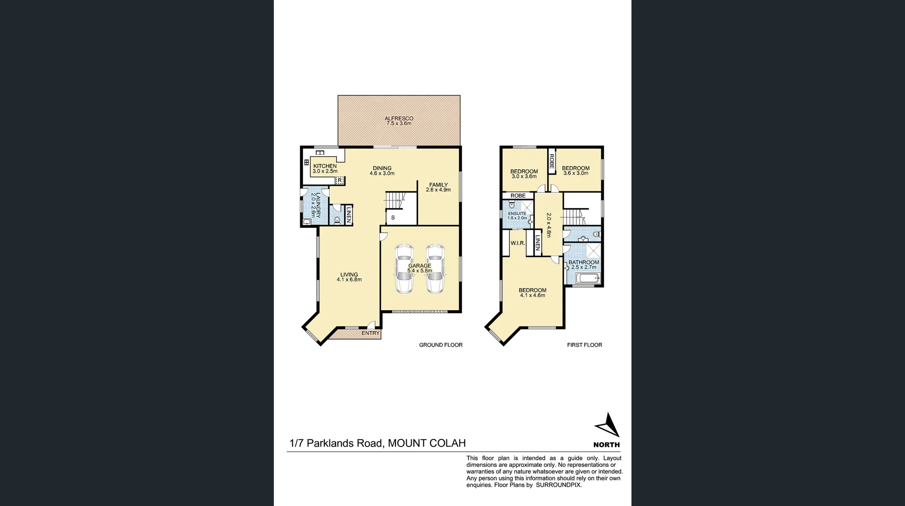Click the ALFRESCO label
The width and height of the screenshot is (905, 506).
(x=399, y=121)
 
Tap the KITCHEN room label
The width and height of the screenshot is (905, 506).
(x=325, y=168)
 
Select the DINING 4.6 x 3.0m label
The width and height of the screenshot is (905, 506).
(x=382, y=171)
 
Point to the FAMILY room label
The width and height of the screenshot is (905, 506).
(x=438, y=187)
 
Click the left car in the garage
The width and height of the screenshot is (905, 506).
(x=404, y=269)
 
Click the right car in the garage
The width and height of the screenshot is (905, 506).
(x=435, y=269)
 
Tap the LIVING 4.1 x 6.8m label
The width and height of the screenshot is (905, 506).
(x=349, y=277)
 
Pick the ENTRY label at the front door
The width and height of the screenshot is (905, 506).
(x=370, y=333)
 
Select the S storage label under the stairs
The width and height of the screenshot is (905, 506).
(x=393, y=218)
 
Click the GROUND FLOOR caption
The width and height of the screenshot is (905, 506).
(x=441, y=345)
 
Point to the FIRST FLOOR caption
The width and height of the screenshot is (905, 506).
(x=584, y=345)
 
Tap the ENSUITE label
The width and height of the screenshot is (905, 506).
(x=517, y=216)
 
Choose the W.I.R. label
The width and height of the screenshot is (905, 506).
(x=518, y=243)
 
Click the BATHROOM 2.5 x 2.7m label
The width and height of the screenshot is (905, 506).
(x=584, y=265)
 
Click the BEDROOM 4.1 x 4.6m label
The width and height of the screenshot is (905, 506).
(x=532, y=293)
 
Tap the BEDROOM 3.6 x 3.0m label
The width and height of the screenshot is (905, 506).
(x=576, y=170)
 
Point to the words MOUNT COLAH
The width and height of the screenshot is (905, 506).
(x=427, y=443)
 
